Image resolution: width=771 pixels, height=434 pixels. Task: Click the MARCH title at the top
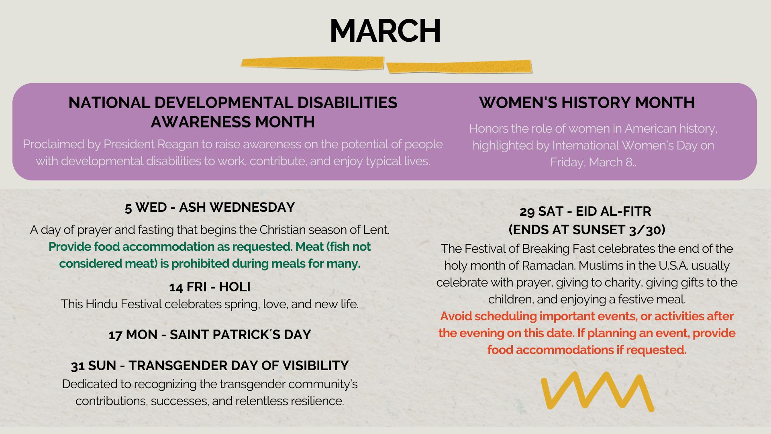[x=385, y=31]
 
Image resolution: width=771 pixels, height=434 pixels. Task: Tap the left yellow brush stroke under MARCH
[x=312, y=63]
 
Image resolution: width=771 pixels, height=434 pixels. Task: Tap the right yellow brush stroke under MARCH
[x=459, y=67]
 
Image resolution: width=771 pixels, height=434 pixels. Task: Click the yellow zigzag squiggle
[x=598, y=391]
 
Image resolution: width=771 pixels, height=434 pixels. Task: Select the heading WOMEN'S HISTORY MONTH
[x=587, y=103]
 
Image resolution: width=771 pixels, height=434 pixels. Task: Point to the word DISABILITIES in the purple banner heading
[x=347, y=103]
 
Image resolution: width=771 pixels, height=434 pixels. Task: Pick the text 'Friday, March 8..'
[x=593, y=162]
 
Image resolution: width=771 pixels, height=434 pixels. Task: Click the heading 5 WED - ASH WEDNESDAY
[x=210, y=207]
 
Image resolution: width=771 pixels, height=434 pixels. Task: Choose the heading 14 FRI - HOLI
[x=210, y=287]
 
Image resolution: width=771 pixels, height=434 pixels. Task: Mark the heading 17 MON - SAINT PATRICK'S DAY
[x=210, y=335]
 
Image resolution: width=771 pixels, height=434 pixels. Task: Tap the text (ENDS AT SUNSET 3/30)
[x=587, y=230]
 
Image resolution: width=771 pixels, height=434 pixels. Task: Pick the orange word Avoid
[x=456, y=316]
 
